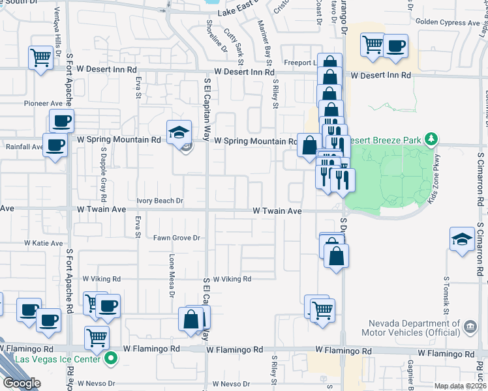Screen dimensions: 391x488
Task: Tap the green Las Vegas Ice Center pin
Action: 112,358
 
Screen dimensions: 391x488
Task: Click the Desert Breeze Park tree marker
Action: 431,139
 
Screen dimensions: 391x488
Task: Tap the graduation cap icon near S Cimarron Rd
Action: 462,239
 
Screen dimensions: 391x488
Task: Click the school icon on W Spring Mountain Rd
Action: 179,132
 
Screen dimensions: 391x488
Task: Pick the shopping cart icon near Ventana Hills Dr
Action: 40,57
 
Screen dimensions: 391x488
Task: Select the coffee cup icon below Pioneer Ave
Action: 61,121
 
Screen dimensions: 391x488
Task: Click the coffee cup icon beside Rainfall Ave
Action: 55,145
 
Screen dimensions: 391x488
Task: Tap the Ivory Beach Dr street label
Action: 160,201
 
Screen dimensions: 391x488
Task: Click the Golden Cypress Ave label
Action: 448,22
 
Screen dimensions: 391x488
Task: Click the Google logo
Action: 22,383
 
